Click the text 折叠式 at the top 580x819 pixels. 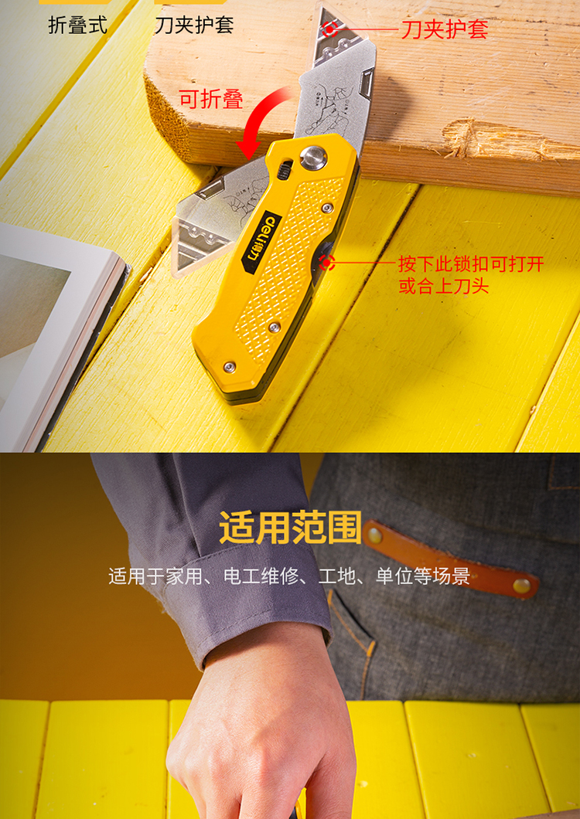tap(78, 25)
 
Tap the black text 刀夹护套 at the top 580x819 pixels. tap(194, 25)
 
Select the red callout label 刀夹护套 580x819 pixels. tap(445, 29)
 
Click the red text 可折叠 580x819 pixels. tap(211, 99)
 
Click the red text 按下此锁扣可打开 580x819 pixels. tap(471, 263)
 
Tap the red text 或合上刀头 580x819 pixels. tap(443, 286)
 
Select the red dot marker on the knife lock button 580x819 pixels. tap(327, 263)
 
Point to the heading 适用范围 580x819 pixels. tap(290, 528)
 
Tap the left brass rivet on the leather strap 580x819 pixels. tap(375, 535)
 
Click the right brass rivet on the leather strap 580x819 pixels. tap(521, 586)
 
